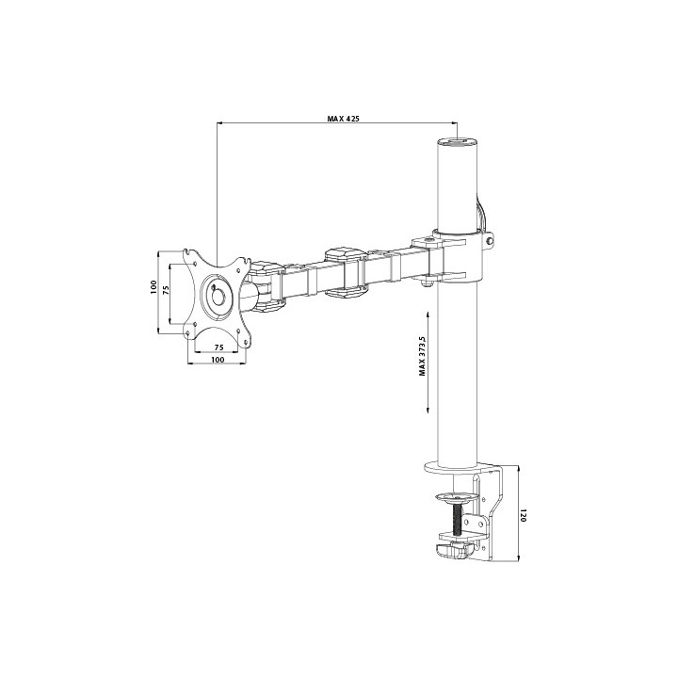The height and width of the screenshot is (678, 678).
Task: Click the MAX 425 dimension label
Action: coord(345,119)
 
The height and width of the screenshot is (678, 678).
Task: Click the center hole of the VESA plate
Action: coord(218,294)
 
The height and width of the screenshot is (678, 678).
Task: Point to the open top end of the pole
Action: coord(458,142)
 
